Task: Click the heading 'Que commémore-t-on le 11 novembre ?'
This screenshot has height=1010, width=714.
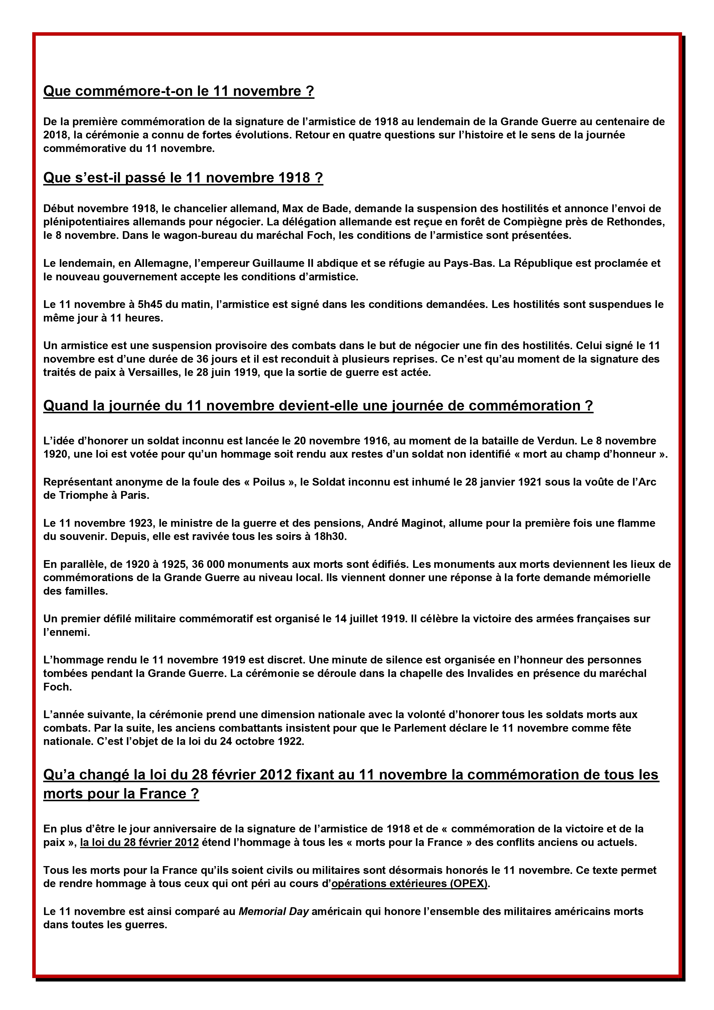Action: [x=178, y=92]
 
